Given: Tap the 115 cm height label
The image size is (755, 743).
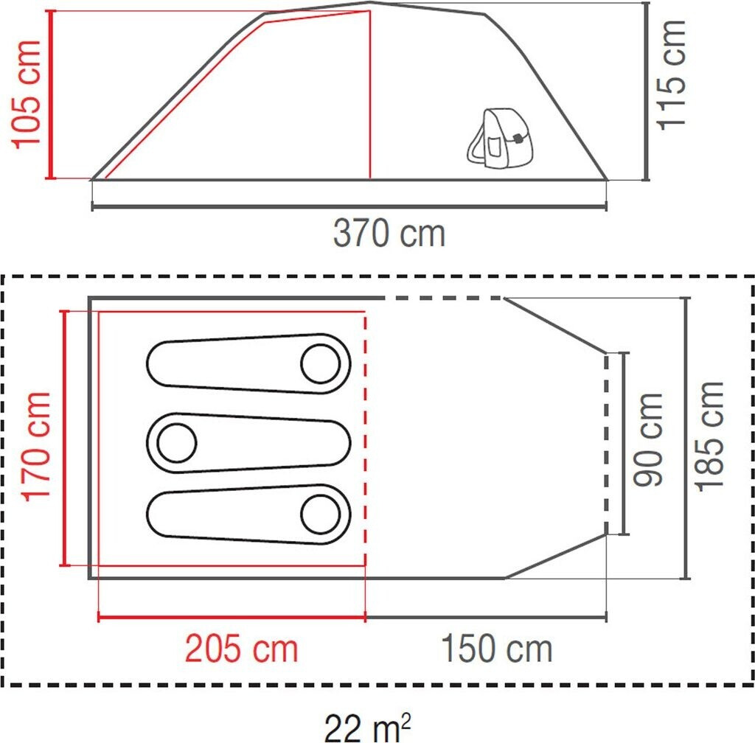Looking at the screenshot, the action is point(671,75).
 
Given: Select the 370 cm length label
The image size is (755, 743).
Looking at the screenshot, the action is point(389,234).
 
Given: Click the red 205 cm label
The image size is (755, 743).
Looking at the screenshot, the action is point(242,649).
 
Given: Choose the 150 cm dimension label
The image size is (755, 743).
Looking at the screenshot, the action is point(496,649).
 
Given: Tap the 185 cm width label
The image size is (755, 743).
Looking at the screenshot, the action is point(710,437).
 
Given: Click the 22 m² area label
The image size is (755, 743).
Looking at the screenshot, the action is point(367,727).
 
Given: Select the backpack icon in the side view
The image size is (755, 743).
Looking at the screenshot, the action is point(500,138).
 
